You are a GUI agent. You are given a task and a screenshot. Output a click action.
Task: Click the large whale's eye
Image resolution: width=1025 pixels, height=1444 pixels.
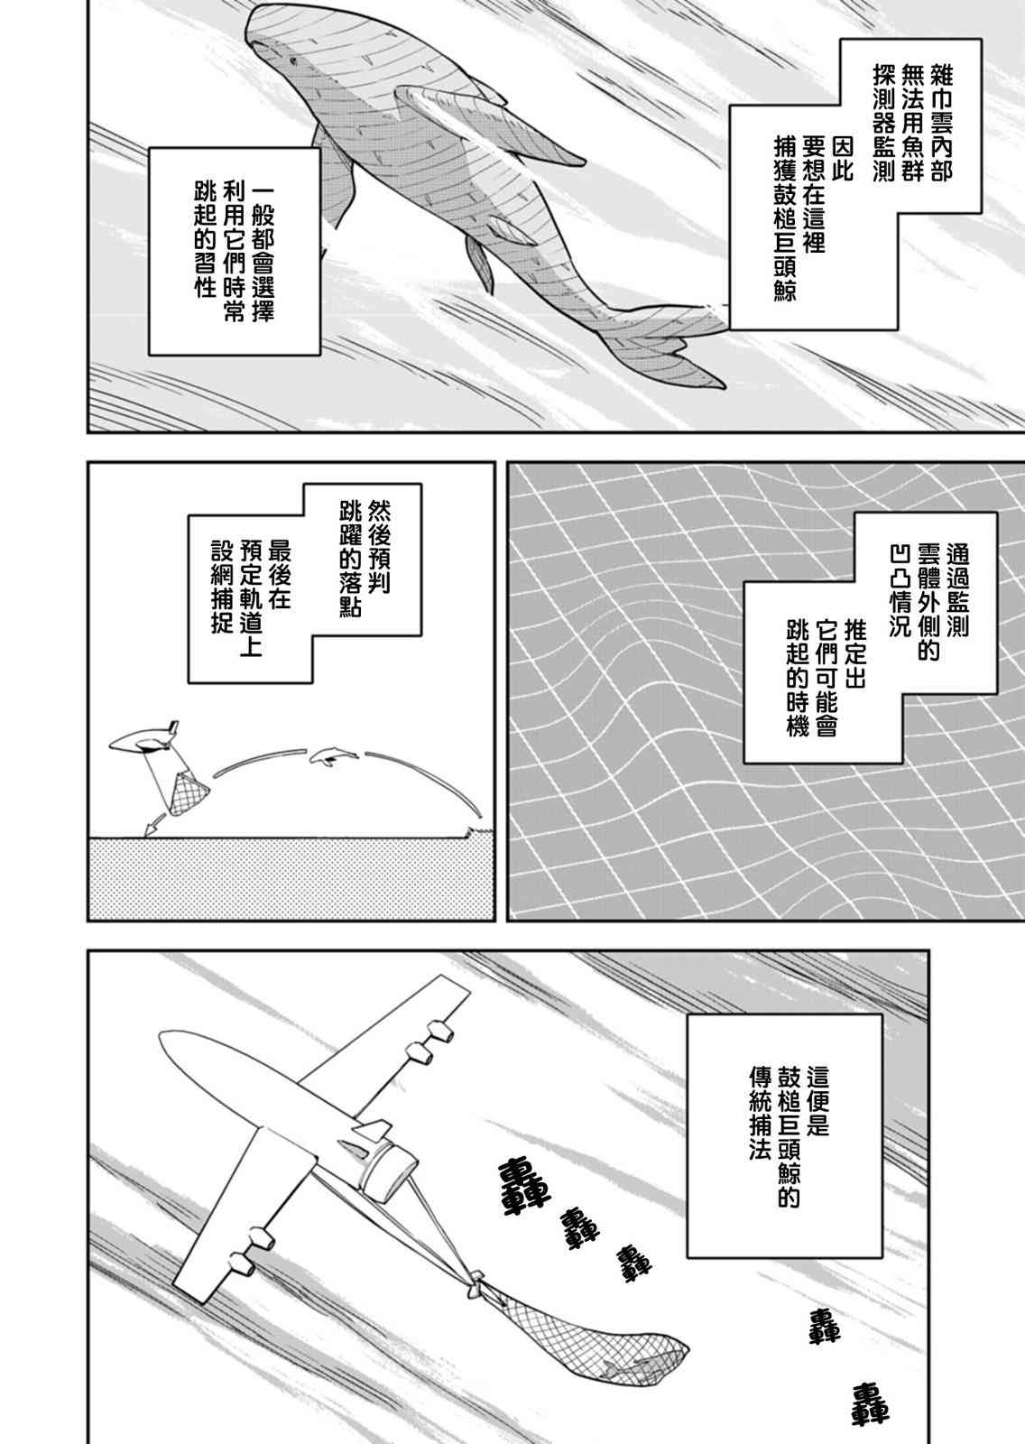point(294,63)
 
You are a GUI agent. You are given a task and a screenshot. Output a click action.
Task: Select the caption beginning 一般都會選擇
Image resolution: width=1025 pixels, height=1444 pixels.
point(235,252)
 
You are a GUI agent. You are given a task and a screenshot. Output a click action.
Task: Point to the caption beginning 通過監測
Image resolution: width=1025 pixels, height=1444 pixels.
point(871,638)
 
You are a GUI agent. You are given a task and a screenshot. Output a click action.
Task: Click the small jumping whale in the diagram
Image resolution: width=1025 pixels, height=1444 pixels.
point(333,757)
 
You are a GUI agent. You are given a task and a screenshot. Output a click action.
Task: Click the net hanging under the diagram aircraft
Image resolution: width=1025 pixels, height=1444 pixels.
point(188,791)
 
